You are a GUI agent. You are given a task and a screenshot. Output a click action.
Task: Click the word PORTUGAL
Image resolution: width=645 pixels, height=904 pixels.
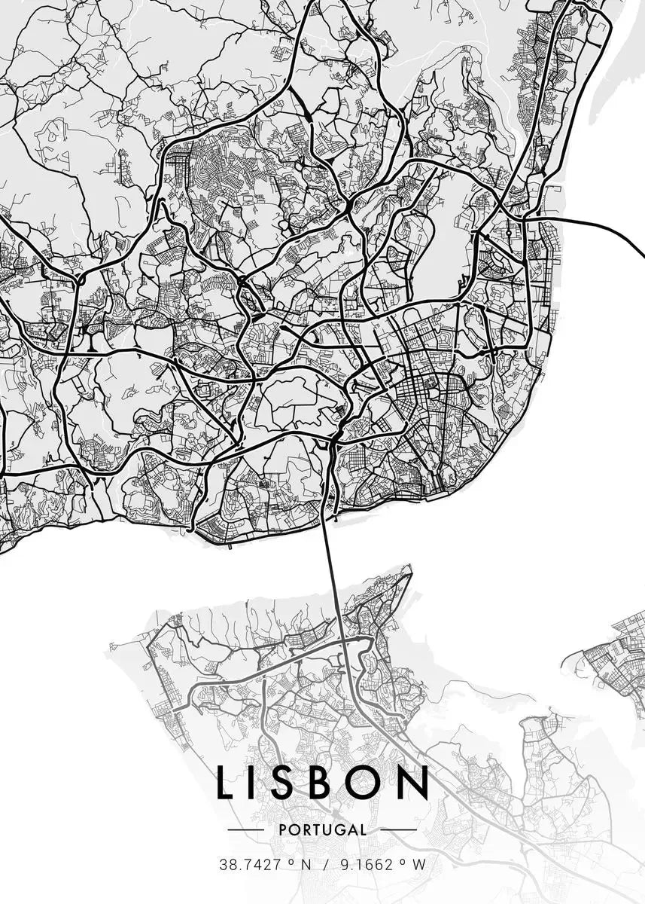tap(322, 830)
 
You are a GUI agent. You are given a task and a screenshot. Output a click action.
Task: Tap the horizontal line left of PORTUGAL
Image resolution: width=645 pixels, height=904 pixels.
tap(245, 830)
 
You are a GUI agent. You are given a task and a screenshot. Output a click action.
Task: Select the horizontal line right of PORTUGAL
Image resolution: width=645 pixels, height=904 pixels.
tap(398, 830)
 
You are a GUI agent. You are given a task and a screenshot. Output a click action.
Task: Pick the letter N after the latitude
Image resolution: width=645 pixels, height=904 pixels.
tap(306, 865)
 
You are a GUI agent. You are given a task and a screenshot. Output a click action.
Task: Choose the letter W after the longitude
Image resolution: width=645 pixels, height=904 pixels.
tap(419, 865)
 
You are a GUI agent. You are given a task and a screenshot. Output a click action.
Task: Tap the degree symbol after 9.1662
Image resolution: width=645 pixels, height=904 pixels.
tap(404, 861)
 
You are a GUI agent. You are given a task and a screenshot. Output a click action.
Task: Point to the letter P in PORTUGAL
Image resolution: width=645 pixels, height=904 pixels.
tap(282, 830)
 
